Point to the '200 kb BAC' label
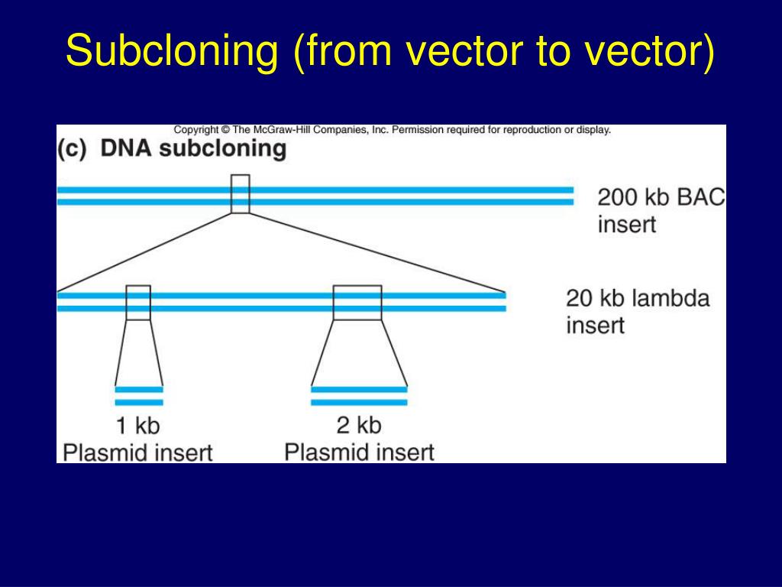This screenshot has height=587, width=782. point(661,197)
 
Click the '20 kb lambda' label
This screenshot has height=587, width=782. point(638,297)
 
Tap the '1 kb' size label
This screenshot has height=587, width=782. point(137,425)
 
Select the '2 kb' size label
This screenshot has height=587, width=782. point(358,425)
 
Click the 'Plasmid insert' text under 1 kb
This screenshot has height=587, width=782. point(137,452)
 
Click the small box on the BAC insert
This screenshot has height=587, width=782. point(240,194)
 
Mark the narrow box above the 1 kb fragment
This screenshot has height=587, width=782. point(138,303)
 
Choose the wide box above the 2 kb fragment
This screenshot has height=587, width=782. point(357,303)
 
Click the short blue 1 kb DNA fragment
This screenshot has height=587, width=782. point(139,396)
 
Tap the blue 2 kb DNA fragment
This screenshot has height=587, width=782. point(359,396)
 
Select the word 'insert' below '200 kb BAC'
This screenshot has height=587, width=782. point(626,225)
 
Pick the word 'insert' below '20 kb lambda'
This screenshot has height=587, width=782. point(595,326)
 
